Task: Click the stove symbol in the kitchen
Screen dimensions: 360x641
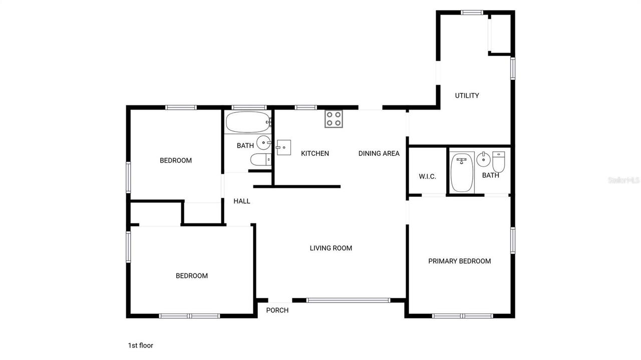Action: [334, 119]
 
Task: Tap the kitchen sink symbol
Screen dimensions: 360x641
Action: [283, 147]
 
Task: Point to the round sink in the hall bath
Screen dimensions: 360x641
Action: [263, 143]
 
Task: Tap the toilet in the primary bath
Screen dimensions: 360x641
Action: [499, 161]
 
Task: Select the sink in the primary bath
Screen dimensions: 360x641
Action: [483, 160]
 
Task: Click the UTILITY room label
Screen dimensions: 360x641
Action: [467, 96]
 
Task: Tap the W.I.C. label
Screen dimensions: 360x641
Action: [427, 176]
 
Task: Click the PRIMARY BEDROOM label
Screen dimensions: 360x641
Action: [459, 261]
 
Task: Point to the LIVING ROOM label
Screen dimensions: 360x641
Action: [331, 248]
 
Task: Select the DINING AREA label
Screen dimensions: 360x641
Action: [379, 153]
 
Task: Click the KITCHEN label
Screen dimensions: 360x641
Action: [314, 153]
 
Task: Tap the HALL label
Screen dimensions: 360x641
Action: [242, 201]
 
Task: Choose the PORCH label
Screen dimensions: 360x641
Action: [277, 310]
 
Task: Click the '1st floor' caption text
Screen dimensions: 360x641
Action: [140, 345]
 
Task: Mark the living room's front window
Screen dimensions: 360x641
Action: [348, 300]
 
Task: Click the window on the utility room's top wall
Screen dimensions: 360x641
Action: [472, 13]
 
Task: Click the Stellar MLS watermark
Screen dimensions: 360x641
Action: [623, 180]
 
